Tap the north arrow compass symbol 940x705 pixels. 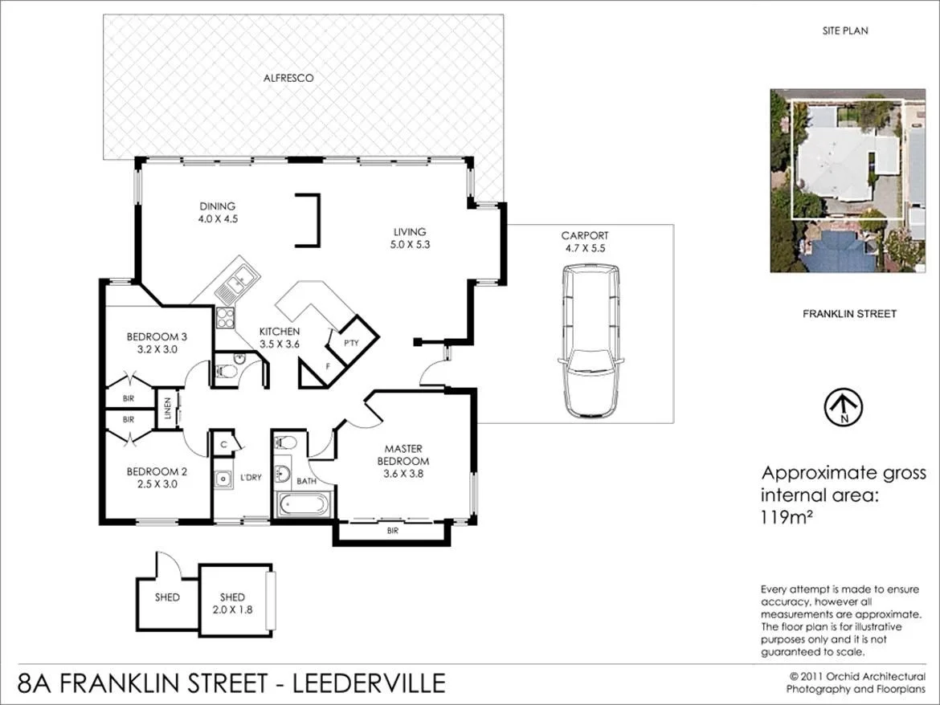click(844, 407)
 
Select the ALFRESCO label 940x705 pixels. click(288, 78)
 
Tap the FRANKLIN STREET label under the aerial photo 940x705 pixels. click(849, 314)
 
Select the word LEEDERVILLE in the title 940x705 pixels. click(370, 683)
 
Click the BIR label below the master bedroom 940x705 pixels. click(392, 531)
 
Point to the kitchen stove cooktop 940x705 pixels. click(225, 316)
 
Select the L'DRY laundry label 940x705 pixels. click(251, 478)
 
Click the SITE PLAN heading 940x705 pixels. click(845, 31)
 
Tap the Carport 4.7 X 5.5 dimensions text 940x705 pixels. click(585, 249)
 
